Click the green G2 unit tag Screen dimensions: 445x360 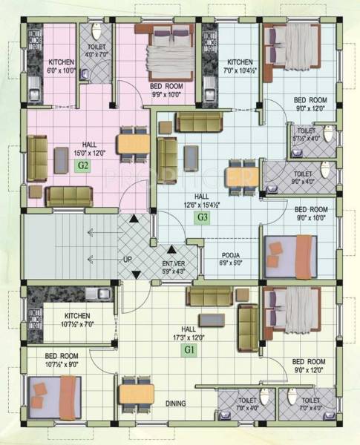83,166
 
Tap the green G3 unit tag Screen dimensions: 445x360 201,217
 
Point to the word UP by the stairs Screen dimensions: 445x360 128,259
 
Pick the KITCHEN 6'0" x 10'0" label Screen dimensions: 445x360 62,67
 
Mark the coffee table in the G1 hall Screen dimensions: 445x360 212,320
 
